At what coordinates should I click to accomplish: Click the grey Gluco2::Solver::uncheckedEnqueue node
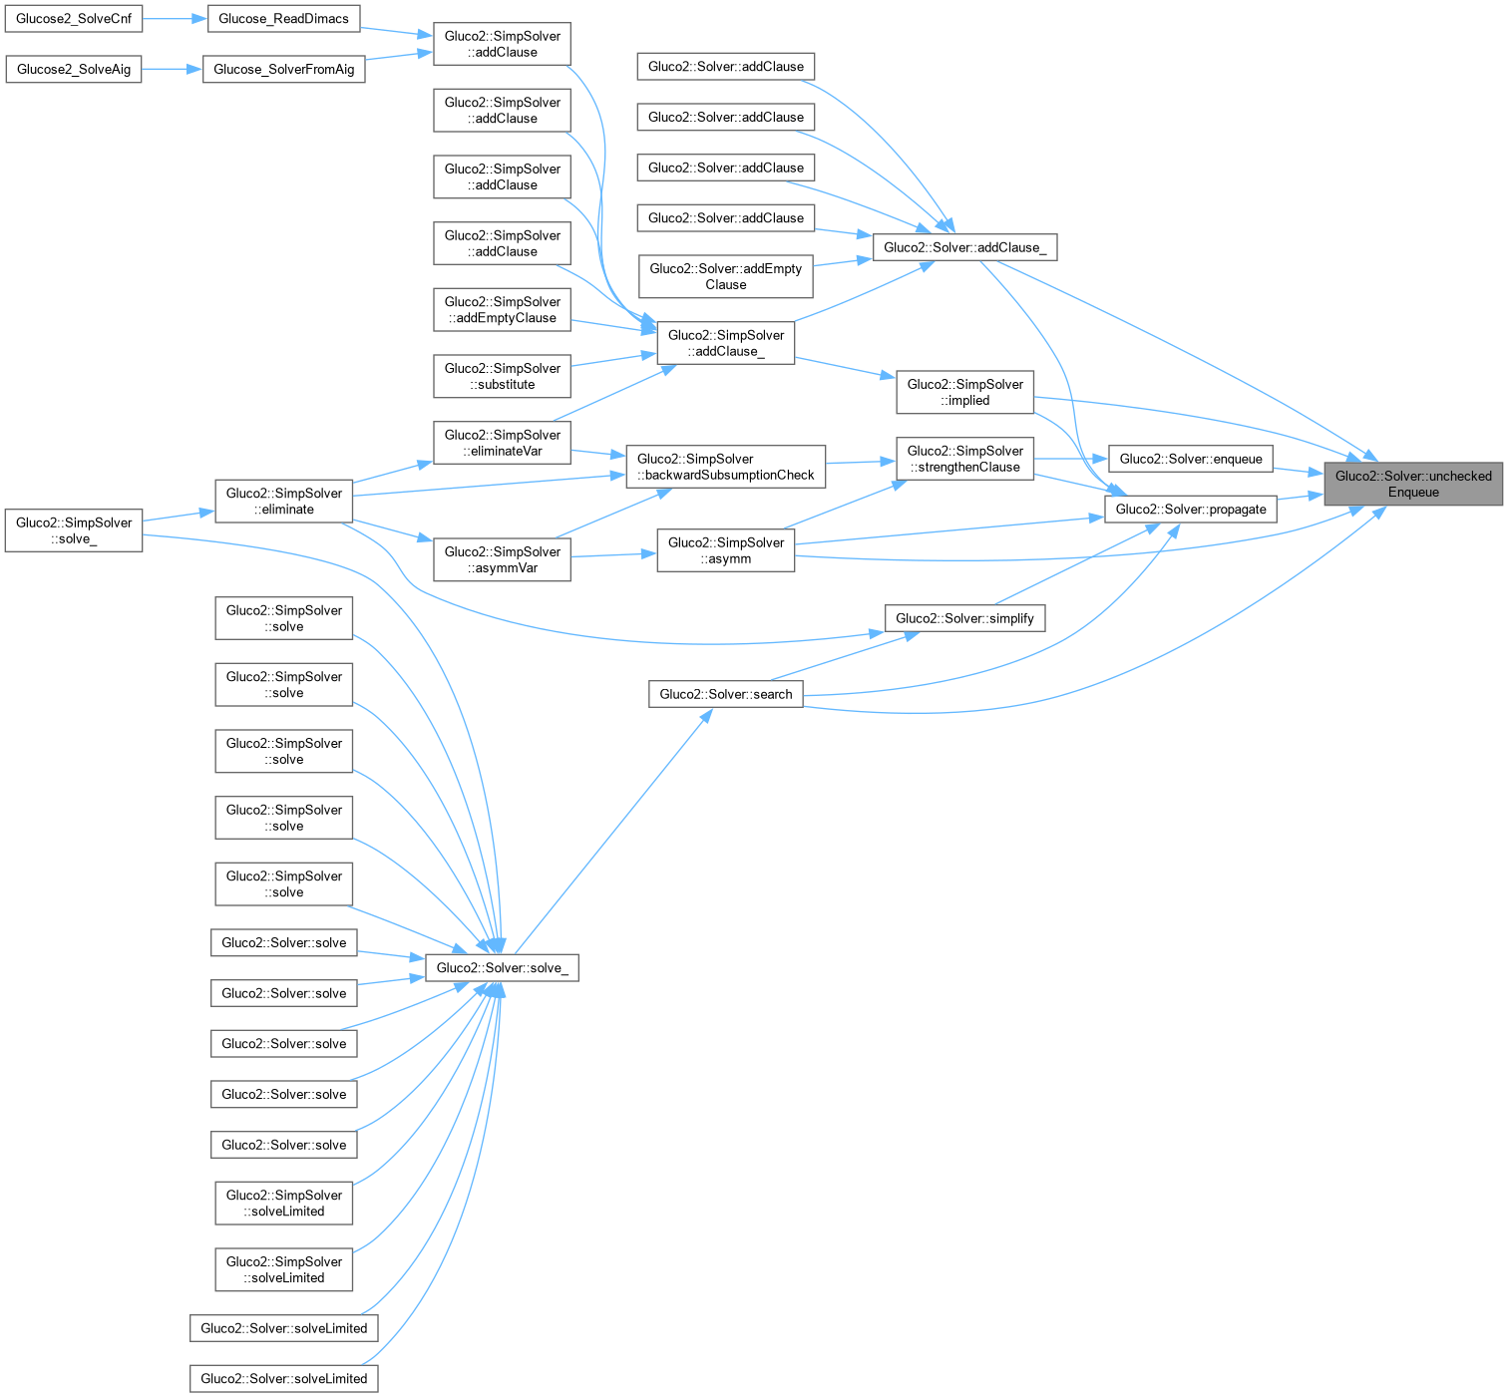tap(1413, 484)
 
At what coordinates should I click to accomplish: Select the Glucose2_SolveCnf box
tap(74, 18)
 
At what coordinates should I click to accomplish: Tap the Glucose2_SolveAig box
tap(74, 69)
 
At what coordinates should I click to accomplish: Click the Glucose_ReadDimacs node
tap(283, 18)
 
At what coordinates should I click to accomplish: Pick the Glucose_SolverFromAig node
tap(283, 69)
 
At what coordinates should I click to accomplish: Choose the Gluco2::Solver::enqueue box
tap(1191, 459)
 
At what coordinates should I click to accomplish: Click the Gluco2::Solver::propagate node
tap(1191, 509)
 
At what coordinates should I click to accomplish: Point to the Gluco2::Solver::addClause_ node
tap(964, 247)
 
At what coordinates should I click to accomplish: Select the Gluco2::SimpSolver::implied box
tap(964, 392)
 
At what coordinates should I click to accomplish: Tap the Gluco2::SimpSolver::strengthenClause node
tap(964, 459)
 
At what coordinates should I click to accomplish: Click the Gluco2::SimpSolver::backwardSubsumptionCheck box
tap(726, 467)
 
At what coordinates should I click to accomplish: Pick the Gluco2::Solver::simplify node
tap(964, 618)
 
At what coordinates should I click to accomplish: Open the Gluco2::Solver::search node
tap(726, 694)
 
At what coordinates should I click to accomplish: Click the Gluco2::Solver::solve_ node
tap(502, 967)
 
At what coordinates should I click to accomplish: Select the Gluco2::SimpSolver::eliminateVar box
tap(502, 443)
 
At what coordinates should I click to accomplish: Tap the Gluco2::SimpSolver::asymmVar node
tap(502, 559)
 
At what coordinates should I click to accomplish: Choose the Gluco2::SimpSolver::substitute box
tap(502, 376)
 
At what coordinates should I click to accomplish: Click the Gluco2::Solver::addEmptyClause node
tap(726, 276)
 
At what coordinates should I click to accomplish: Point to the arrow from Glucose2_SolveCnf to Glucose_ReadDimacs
tap(175, 18)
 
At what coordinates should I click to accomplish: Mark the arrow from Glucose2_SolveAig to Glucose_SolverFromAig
tap(173, 69)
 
